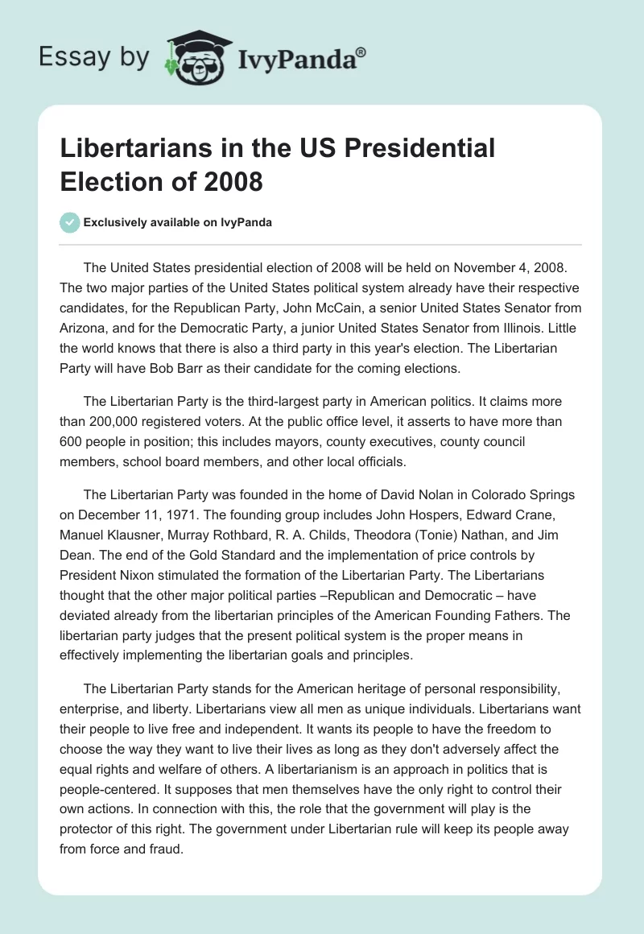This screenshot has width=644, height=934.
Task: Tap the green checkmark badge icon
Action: tap(70, 222)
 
